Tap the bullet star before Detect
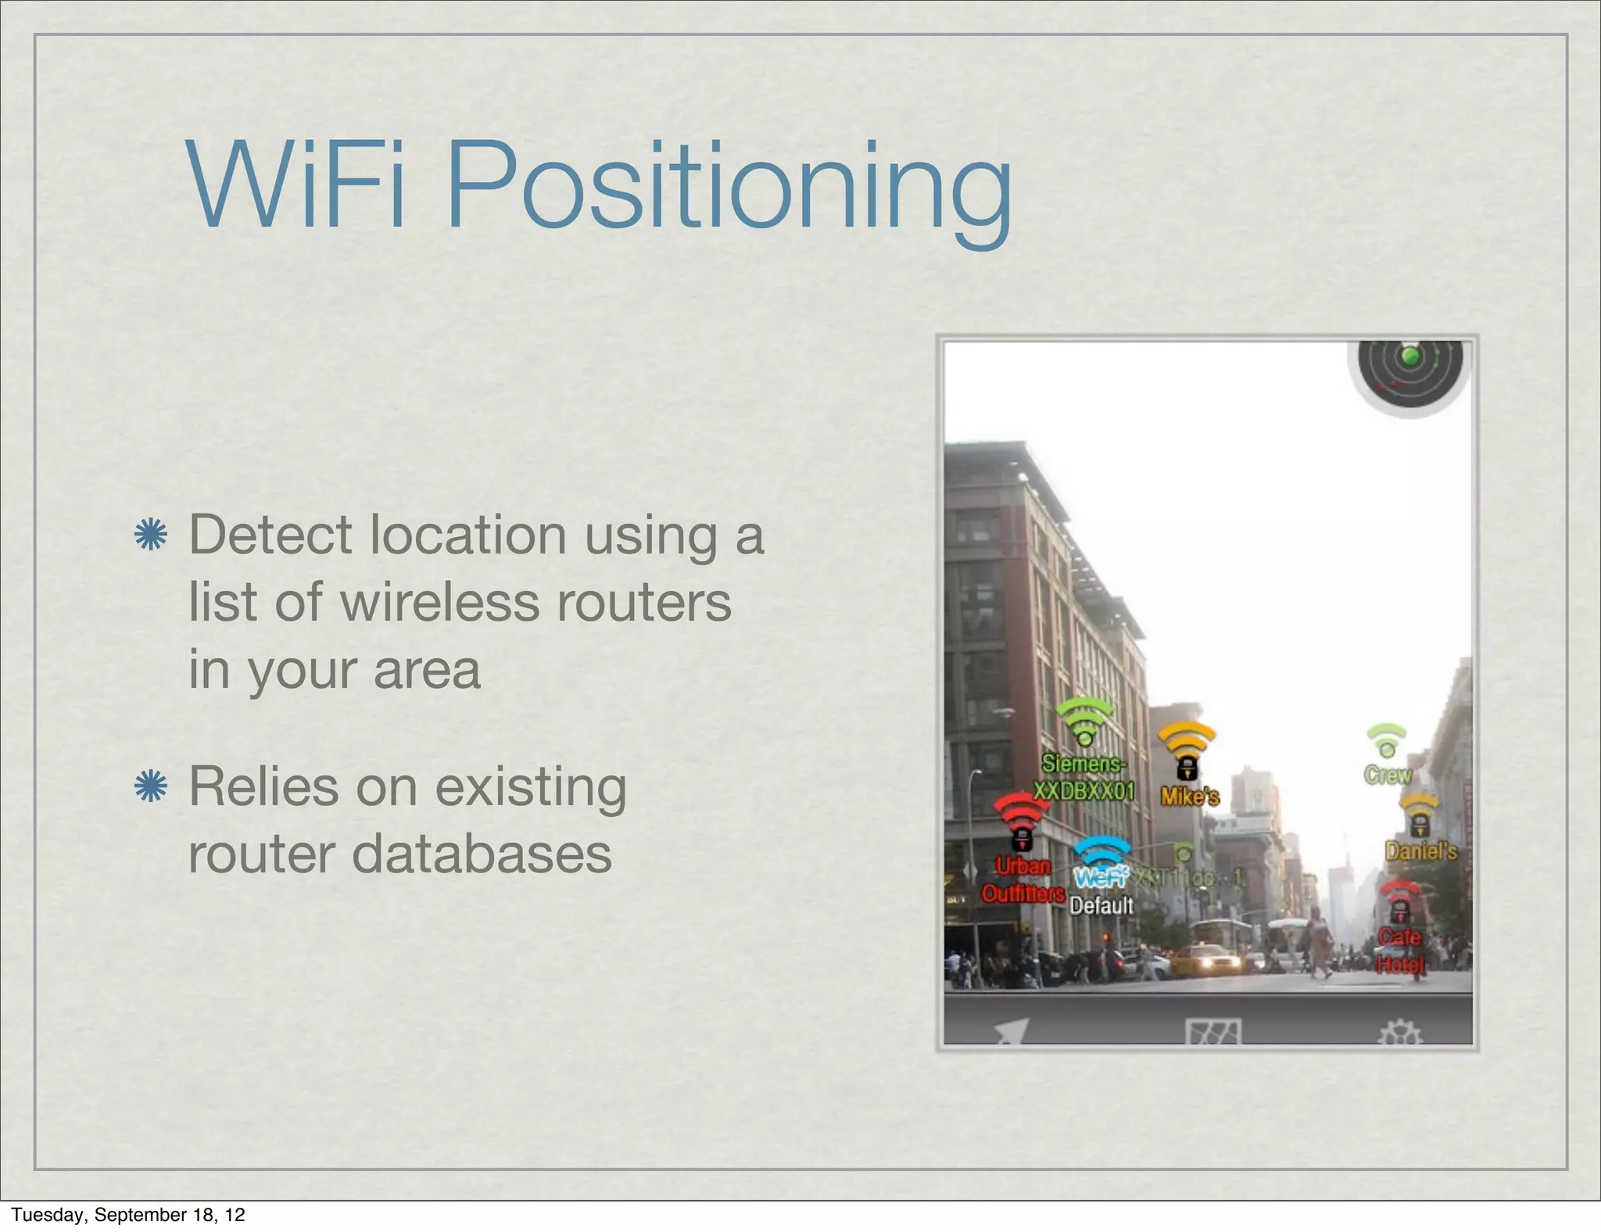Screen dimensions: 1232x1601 150,536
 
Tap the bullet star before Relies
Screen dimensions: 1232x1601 150,787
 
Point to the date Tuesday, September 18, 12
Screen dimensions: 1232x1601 128,1215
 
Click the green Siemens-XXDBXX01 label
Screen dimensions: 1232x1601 1083,777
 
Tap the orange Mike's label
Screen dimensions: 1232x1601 1189,797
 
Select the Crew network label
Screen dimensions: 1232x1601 1388,775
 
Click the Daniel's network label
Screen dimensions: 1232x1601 1420,851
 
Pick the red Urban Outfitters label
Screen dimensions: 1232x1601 1023,880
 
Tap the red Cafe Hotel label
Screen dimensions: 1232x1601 1400,950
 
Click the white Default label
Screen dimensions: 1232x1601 1101,905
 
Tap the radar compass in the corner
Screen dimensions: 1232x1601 1410,370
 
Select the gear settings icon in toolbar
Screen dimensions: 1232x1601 1399,1033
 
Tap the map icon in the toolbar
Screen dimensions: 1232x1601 1212,1032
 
